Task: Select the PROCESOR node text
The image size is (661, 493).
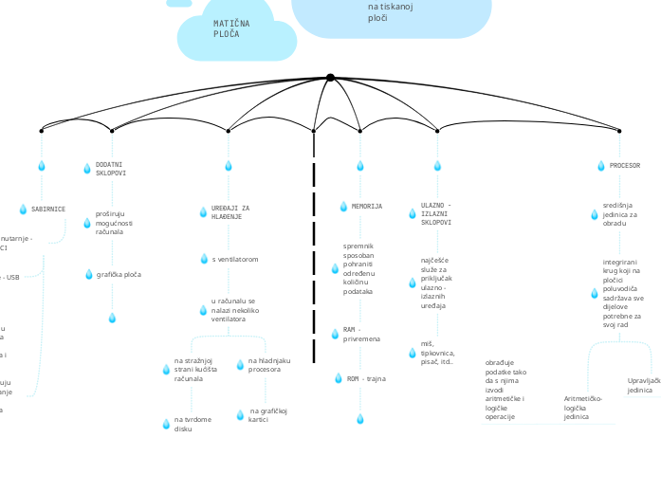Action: pyautogui.click(x=624, y=165)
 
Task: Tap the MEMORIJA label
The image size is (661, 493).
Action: pyautogui.click(x=366, y=206)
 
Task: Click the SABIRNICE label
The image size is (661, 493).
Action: pyautogui.click(x=47, y=209)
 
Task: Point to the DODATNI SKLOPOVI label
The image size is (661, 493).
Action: pyautogui.click(x=110, y=169)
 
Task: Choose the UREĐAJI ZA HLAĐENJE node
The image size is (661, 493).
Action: pyautogui.click(x=230, y=212)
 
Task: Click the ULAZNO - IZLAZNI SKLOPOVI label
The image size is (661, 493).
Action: pyautogui.click(x=436, y=213)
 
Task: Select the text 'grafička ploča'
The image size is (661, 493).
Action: pyautogui.click(x=119, y=274)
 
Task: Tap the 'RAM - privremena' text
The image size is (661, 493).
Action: pyautogui.click(x=361, y=334)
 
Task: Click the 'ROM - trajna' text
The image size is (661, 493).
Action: pyautogui.click(x=366, y=378)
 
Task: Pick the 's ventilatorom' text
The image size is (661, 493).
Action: pyautogui.click(x=234, y=259)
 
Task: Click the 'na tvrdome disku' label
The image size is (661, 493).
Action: pyautogui.click(x=193, y=424)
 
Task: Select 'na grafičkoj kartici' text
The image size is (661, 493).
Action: pyautogui.click(x=267, y=415)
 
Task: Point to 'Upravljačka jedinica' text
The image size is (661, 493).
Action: pyautogui.click(x=643, y=385)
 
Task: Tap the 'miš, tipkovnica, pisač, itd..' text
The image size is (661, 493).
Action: pyautogui.click(x=437, y=356)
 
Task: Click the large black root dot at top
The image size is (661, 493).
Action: pyautogui.click(x=330, y=78)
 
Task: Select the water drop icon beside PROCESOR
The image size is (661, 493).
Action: pyautogui.click(x=600, y=166)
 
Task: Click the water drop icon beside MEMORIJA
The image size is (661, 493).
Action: pyautogui.click(x=343, y=207)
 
